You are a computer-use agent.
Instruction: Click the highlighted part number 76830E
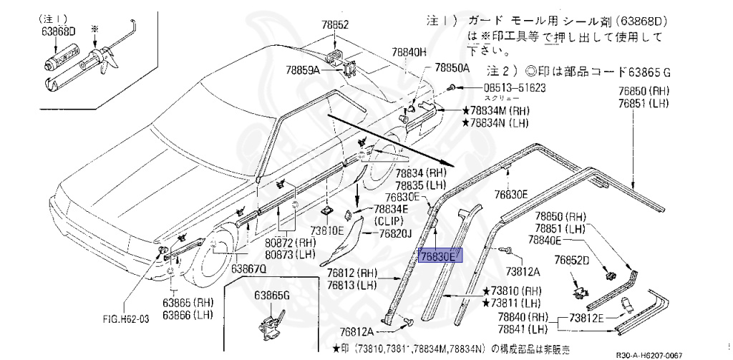[440, 256]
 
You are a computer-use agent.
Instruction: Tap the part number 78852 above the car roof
[335, 24]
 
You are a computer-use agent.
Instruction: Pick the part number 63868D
[58, 31]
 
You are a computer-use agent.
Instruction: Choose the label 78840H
[409, 52]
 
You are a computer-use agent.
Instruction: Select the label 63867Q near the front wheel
[248, 268]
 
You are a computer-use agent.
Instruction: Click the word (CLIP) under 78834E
[389, 221]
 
